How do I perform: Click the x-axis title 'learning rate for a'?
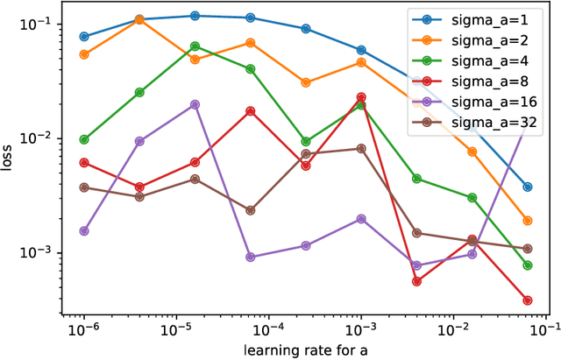[x=306, y=349]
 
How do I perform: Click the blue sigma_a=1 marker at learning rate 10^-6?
[x=84, y=37]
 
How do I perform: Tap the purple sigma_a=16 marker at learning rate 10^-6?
[x=84, y=231]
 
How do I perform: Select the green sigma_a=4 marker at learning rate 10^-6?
[x=84, y=139]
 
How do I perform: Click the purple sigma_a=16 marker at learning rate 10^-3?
[x=361, y=219]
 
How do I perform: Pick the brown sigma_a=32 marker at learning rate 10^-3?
[x=361, y=149]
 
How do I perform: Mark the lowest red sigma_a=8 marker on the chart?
[x=528, y=300]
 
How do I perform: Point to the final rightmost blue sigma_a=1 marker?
[x=528, y=187]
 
